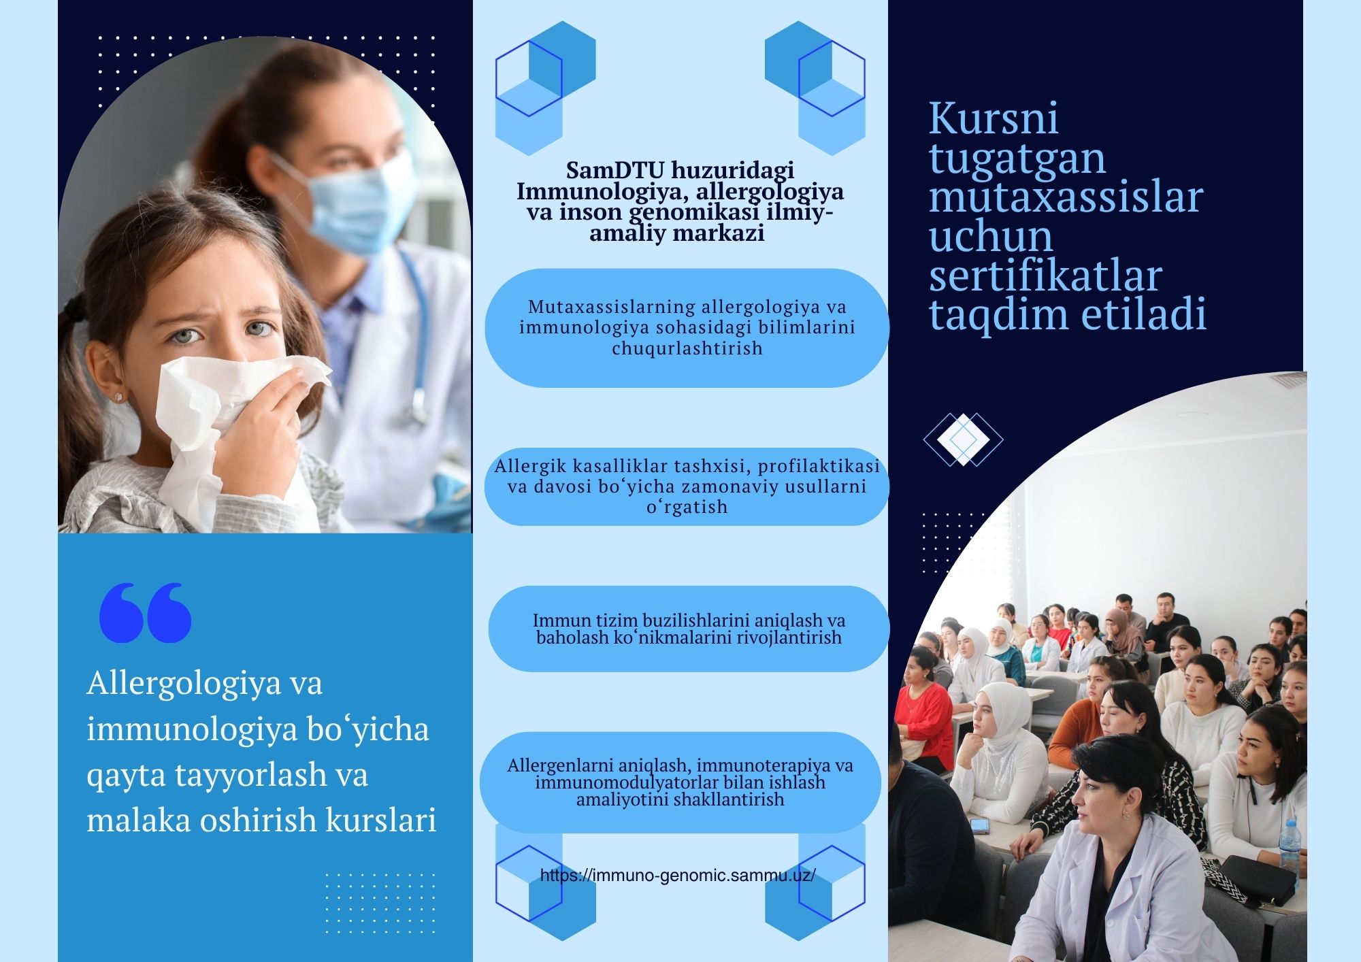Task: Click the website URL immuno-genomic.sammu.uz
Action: pos(678,876)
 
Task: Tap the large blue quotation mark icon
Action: pos(145,612)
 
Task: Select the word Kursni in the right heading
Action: pos(994,118)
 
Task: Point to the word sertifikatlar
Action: pos(1045,276)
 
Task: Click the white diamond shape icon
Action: pos(963,439)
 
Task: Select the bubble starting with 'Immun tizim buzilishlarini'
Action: pos(689,629)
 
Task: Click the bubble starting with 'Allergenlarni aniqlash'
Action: pos(680,782)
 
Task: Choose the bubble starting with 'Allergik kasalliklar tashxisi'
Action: pos(687,486)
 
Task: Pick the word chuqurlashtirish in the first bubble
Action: pos(687,348)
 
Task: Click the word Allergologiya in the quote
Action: pos(184,683)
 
